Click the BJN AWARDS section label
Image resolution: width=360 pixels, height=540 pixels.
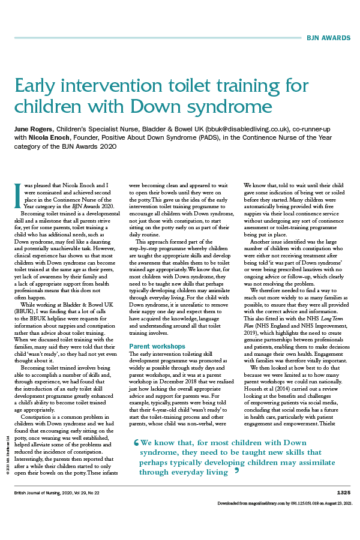[x=328, y=38]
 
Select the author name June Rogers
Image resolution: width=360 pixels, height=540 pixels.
[x=34, y=130]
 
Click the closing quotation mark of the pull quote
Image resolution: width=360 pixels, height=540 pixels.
[x=237, y=471]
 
